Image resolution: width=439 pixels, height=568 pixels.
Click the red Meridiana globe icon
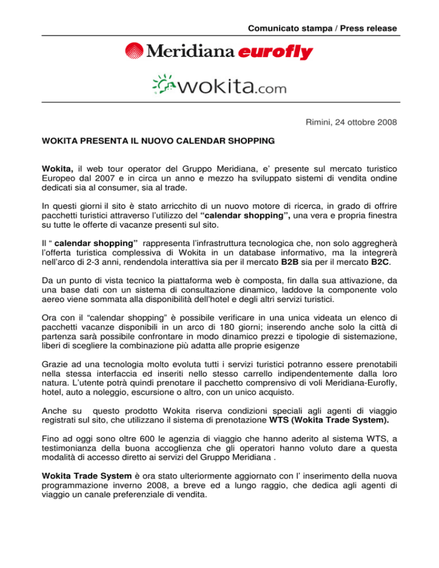136,52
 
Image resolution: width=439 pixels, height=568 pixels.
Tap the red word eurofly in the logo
275,53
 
